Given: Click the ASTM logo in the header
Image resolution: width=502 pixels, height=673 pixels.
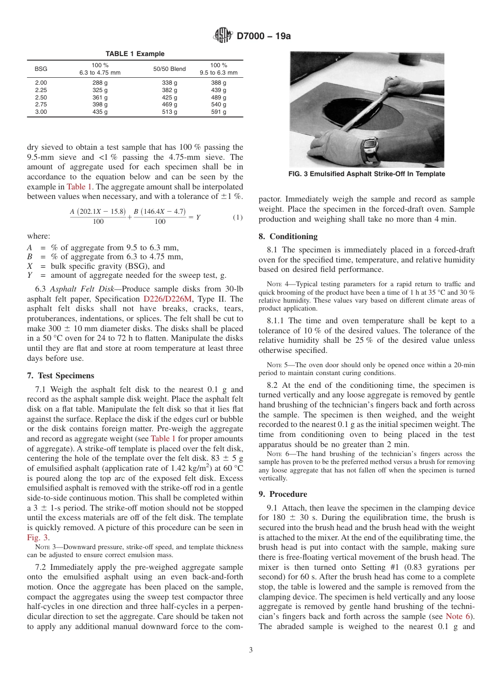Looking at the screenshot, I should [222, 35].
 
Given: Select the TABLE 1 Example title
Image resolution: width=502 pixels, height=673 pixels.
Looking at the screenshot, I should [135, 54].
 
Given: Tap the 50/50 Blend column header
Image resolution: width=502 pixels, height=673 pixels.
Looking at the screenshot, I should [170, 69].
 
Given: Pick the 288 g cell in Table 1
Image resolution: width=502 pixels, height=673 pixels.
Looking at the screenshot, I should [100, 83].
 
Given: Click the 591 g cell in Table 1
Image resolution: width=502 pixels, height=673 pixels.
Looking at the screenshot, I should [218, 112].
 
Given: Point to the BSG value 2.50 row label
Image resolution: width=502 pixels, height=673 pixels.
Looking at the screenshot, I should [41, 98].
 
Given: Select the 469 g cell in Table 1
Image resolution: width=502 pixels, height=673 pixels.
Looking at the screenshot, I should [170, 105].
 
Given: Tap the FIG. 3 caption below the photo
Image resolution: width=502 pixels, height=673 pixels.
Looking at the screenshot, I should [367, 174].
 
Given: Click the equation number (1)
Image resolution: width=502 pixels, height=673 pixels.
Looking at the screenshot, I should [238, 217].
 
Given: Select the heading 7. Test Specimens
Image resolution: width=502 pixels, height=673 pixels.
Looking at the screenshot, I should [60, 376].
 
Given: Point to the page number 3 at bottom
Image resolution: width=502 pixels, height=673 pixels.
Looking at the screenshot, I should [251, 650].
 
